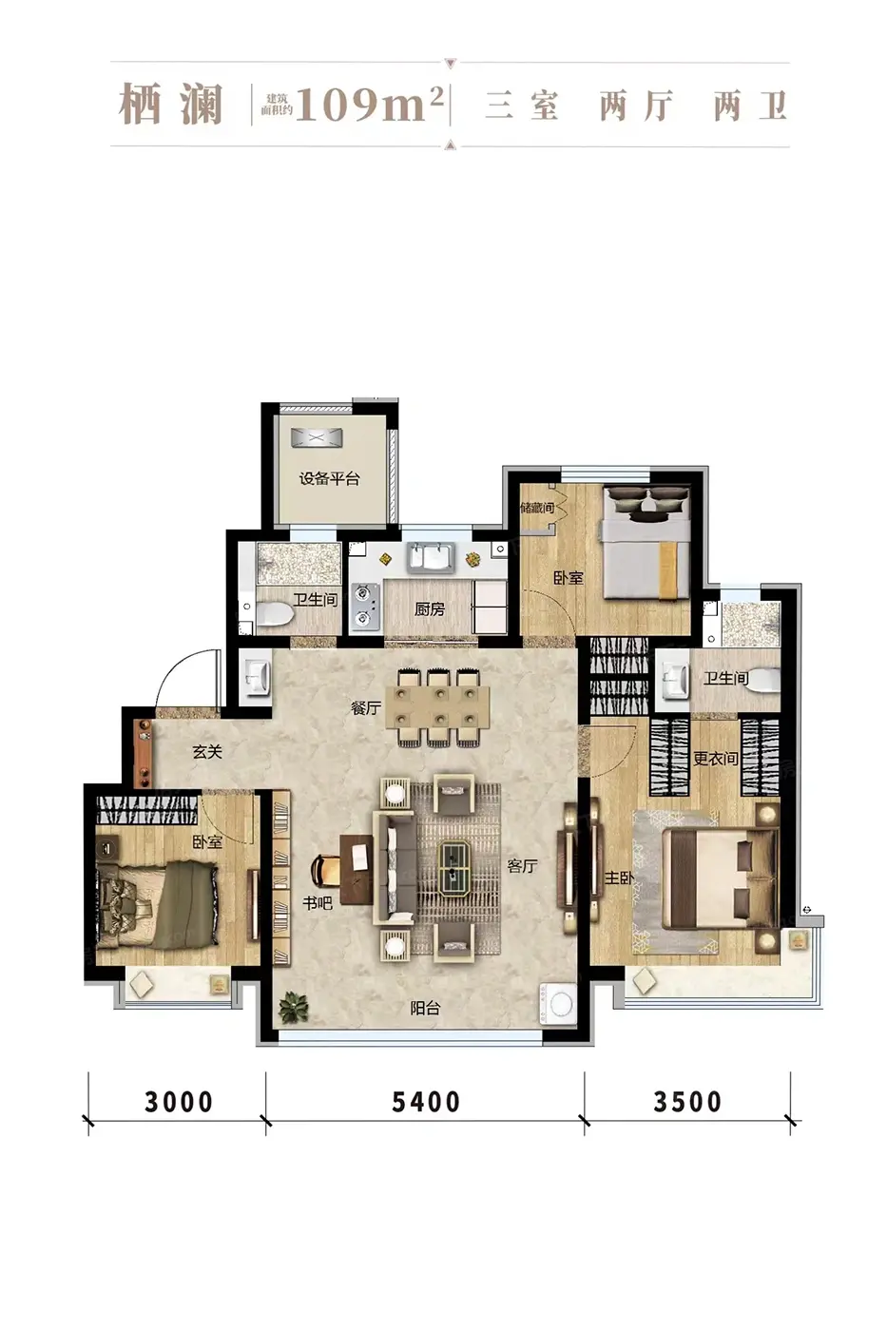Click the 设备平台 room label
329,478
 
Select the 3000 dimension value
178,1102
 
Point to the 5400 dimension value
425,1102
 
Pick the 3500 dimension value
687,1102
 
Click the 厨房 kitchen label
429,609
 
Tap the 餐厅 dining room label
365,707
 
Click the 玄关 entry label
207,752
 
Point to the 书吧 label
318,903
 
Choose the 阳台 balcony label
425,1008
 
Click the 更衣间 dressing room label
716,759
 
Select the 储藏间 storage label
537,508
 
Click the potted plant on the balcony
295,1007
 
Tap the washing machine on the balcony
558,1004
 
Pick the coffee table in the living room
459,871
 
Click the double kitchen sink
431,557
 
